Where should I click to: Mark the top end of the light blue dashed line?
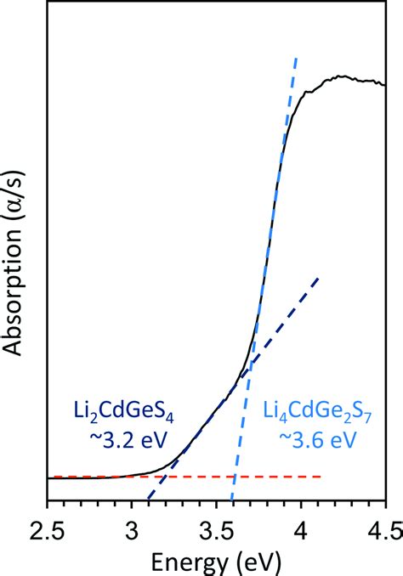[297, 58]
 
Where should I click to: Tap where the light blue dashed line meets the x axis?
[231, 500]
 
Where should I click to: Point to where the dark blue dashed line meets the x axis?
[148, 500]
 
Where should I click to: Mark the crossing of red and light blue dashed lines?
[235, 477]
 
